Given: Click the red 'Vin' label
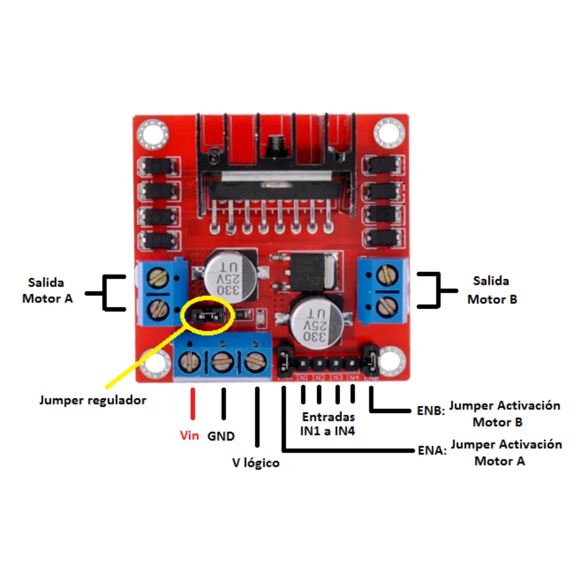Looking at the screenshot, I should [x=190, y=436].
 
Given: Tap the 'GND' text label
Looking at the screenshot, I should [x=221, y=436].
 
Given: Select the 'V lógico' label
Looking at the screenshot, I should [x=255, y=463].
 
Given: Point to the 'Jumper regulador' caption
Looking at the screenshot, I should [x=93, y=400].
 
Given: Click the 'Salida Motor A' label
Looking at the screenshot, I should [x=47, y=290].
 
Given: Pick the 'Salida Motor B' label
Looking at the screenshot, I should [x=492, y=290].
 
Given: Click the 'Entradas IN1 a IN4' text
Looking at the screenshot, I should [x=328, y=424].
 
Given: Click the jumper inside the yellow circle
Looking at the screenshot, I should [x=206, y=315].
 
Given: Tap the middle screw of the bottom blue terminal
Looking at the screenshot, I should [x=221, y=362].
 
